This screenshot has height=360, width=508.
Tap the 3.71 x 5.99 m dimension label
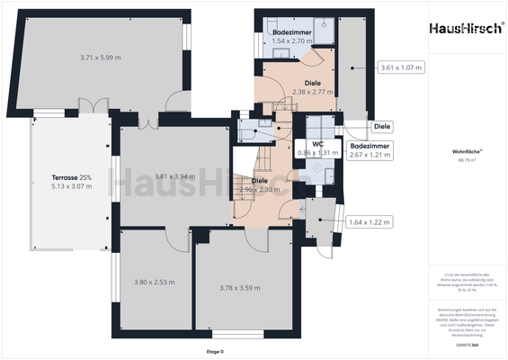pos(100,58)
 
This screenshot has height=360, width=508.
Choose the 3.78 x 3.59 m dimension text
pos(240,288)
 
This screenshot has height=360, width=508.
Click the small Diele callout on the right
pos(382,127)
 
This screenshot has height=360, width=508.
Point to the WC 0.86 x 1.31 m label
pos(317,148)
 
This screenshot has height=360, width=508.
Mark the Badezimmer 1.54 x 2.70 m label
pos(291,37)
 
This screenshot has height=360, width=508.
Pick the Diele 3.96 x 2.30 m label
pos(260,185)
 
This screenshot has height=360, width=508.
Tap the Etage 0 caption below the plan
pos(215,352)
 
